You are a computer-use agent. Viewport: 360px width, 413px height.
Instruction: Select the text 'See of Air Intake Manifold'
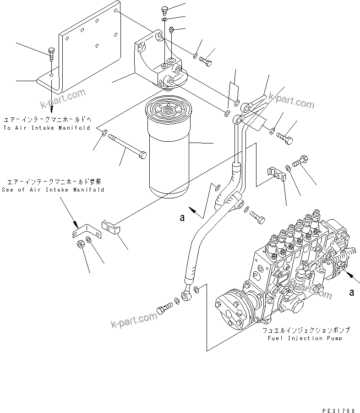(53, 189)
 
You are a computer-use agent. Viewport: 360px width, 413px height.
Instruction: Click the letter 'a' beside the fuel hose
(182, 218)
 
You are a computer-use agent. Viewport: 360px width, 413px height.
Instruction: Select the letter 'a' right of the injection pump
(351, 292)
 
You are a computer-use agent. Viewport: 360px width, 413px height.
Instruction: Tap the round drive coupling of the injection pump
(234, 312)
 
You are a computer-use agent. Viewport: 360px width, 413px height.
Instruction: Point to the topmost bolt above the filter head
(166, 10)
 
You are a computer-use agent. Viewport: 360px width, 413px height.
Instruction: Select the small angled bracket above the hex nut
(81, 231)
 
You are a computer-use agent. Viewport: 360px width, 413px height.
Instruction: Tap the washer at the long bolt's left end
(104, 133)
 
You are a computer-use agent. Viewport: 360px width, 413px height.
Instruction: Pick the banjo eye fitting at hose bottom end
(187, 296)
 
